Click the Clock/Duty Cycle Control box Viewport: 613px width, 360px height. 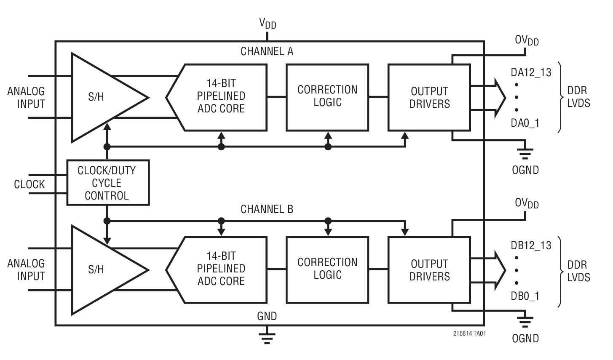tap(108, 183)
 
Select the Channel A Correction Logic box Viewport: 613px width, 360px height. tap(327, 97)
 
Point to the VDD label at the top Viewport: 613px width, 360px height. tap(268, 23)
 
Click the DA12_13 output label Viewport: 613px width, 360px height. tap(531, 72)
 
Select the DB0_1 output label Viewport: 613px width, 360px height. tap(525, 296)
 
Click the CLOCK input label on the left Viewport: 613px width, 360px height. tap(29, 184)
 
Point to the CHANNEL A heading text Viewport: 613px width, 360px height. tap(267, 51)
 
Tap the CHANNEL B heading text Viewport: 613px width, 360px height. tap(267, 209)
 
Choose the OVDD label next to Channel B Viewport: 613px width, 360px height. tap(527, 203)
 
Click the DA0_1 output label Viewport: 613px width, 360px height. tap(525, 123)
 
